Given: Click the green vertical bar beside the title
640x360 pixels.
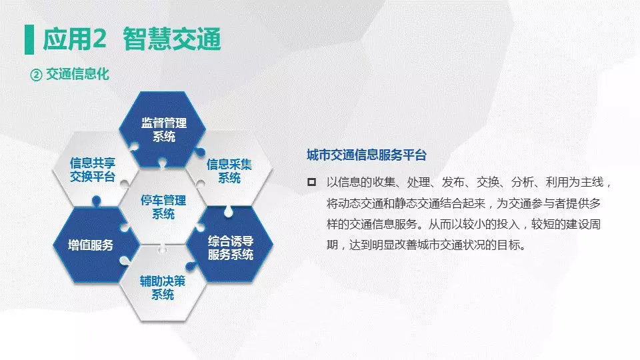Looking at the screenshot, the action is click(29, 39).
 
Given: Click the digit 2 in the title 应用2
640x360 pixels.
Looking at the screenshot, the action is click(99, 39).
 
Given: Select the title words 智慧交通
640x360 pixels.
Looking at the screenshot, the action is click(172, 39).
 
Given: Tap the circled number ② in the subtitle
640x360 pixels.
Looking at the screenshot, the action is click(36, 75).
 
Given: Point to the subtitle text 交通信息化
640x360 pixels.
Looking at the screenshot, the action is click(77, 74).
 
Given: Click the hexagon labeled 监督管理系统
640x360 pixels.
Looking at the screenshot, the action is click(163, 129).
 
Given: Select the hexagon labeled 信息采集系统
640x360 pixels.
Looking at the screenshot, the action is click(229, 171).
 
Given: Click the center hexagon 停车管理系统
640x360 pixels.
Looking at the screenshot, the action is click(163, 207).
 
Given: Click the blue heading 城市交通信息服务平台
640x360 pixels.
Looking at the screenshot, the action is click(367, 155).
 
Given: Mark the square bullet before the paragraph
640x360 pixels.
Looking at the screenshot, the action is click(311, 182).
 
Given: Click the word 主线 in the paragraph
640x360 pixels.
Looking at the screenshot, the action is click(592, 182).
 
